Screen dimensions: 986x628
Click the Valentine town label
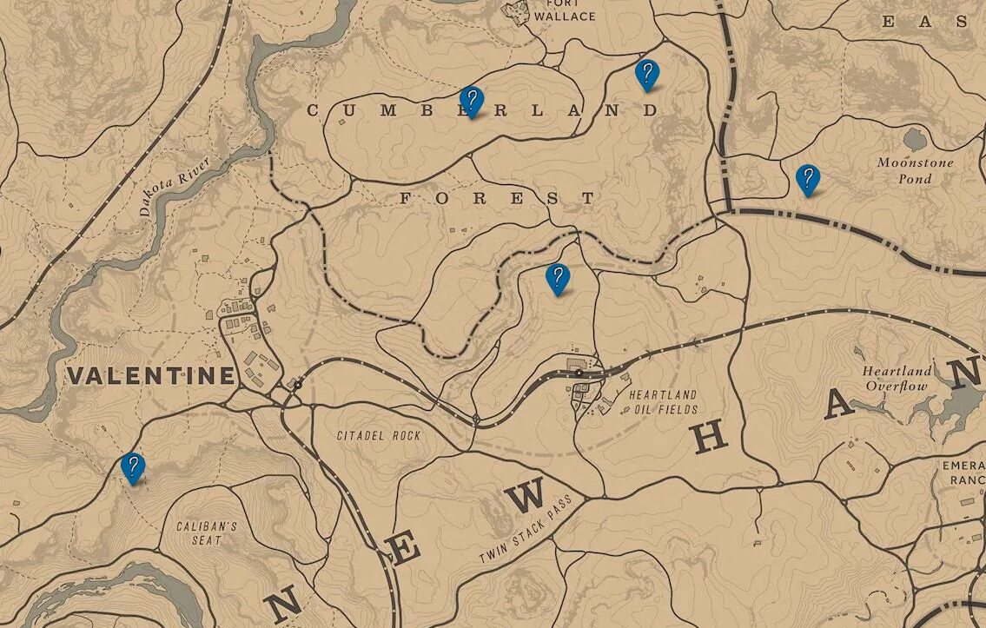[151, 375]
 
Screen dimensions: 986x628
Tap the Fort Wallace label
[565, 10]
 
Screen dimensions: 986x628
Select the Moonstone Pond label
[915, 170]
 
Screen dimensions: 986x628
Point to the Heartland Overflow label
[897, 379]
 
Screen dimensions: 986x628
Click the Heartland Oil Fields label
[662, 401]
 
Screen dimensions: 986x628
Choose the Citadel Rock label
[379, 435]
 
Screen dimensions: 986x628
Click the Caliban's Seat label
[206, 533]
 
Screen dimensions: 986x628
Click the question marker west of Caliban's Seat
[132, 467]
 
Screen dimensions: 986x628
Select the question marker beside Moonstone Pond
[808, 179]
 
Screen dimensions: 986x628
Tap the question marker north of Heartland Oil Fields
[557, 278]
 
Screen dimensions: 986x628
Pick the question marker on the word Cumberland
[471, 102]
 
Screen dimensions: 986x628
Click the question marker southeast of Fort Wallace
[646, 74]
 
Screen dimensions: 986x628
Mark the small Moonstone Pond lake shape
[915, 139]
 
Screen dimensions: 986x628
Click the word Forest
[497, 198]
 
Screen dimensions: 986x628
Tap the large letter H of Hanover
[710, 439]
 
